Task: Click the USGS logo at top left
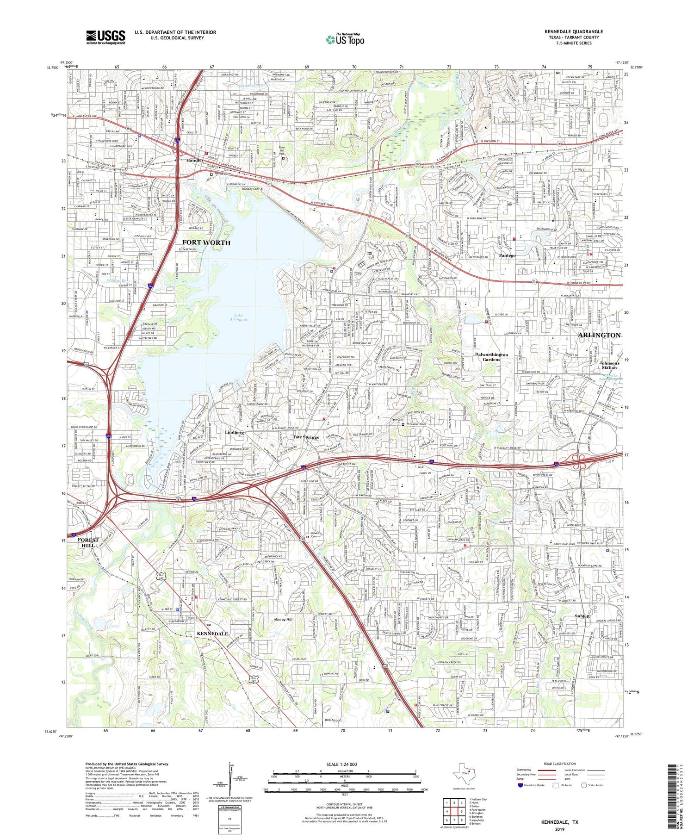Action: [105, 37]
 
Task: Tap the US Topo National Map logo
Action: [345, 40]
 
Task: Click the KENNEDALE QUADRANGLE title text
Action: [573, 32]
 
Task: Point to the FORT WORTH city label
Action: [206, 242]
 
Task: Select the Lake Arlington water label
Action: [238, 317]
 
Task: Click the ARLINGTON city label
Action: [599, 335]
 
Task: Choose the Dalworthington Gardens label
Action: [491, 357]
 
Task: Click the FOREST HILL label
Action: [88, 542]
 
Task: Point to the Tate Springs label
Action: [305, 437]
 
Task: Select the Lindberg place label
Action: [234, 432]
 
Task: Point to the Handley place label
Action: [195, 160]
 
